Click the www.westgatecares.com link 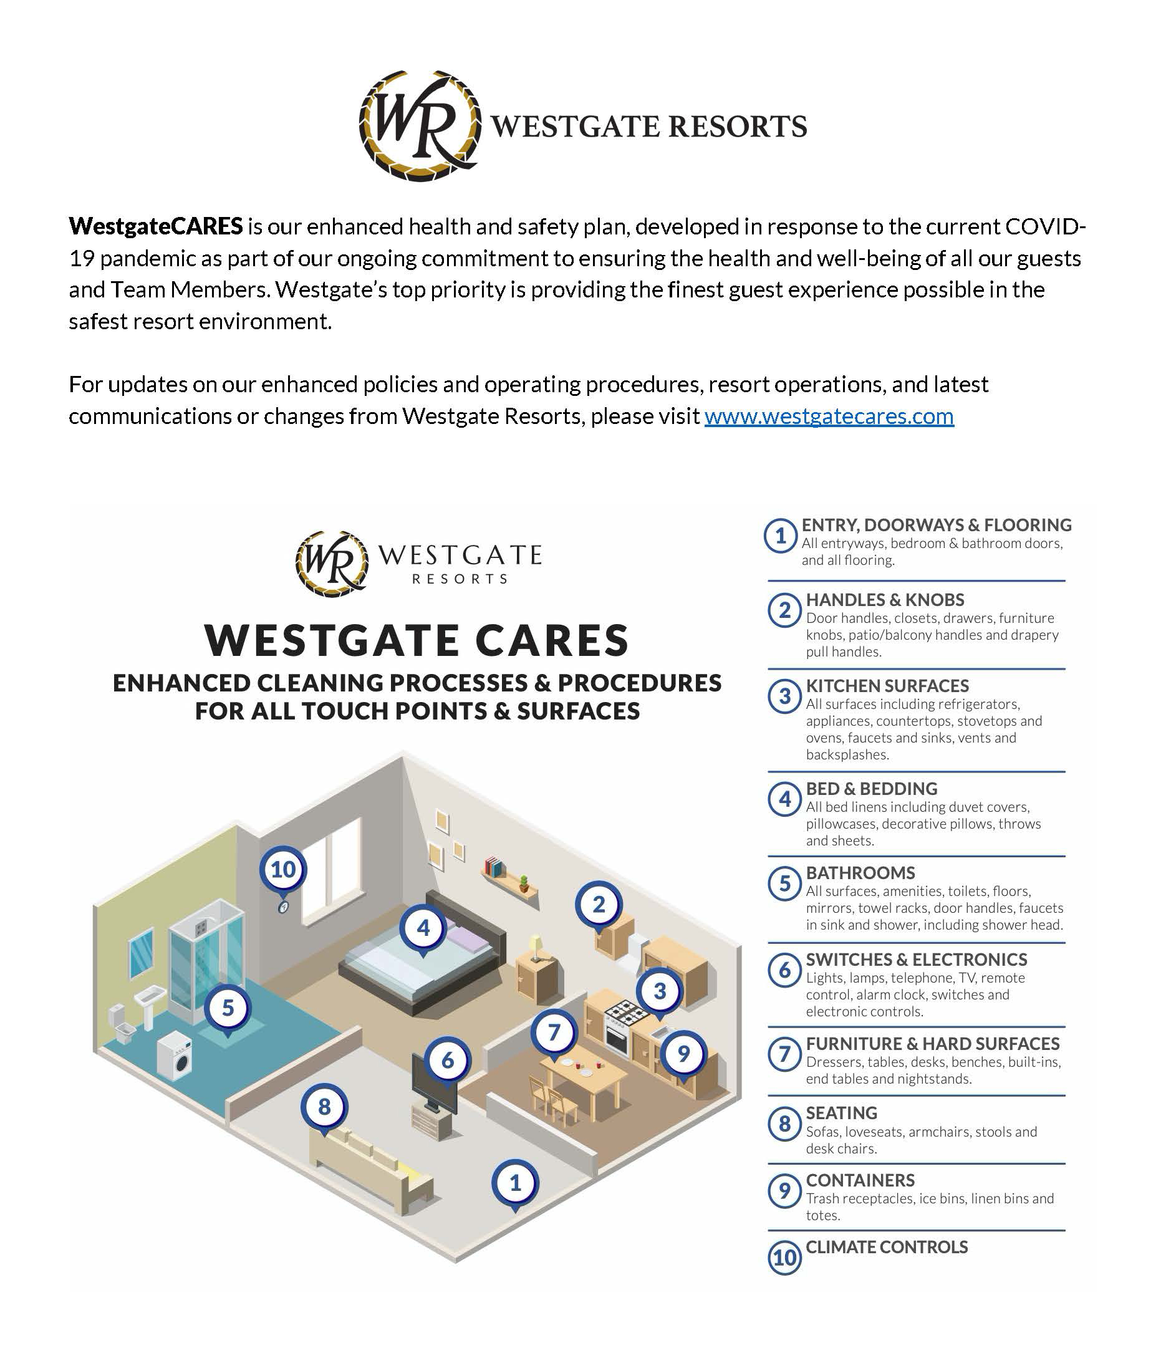point(829,416)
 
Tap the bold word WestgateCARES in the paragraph point(155,226)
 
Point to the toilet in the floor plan point(121,1024)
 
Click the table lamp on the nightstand point(536,948)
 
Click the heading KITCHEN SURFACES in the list point(887,686)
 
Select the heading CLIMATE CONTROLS point(886,1247)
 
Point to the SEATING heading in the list point(841,1113)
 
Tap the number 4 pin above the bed point(423,928)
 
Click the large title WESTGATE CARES point(417,640)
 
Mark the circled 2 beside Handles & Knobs point(784,610)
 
